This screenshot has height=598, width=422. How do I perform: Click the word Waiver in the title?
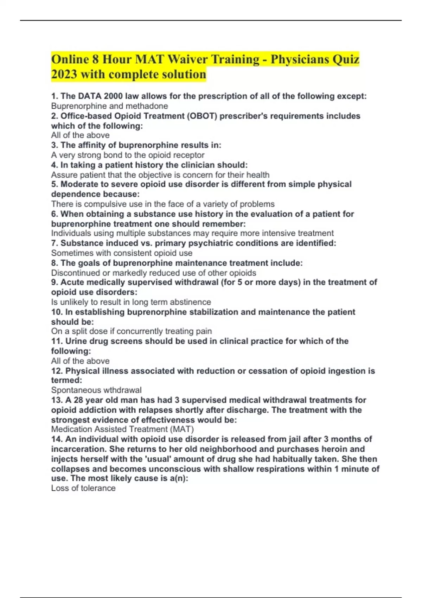(187, 59)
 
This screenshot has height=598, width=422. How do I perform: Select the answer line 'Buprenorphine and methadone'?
(109, 106)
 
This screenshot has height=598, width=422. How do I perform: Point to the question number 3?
(55, 145)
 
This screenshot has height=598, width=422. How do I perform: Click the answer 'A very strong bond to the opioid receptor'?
(128, 155)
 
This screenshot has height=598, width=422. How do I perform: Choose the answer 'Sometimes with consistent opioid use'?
(122, 253)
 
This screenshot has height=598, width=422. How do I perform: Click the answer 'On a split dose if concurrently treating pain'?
(132, 331)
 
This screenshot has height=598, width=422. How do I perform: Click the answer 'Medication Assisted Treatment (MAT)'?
(122, 429)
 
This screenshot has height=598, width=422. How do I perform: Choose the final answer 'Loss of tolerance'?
(83, 488)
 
